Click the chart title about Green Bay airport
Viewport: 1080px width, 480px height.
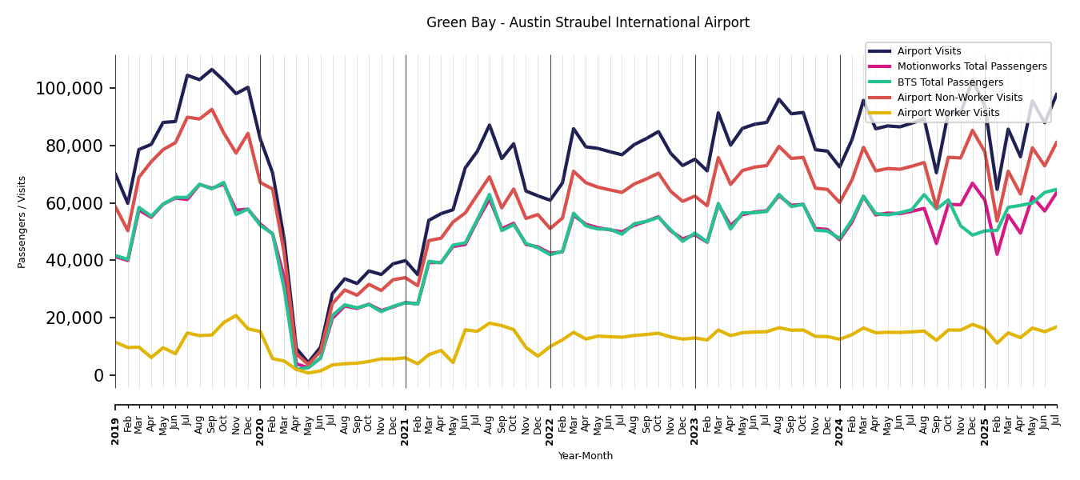[587, 23]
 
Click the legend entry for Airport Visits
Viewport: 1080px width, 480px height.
[929, 51]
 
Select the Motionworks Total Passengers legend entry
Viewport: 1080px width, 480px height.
[971, 66]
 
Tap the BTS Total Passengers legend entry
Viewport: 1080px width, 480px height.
[950, 82]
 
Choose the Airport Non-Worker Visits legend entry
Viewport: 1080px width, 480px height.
[959, 98]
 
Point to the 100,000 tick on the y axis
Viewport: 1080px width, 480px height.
[70, 88]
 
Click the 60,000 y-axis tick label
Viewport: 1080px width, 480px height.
[74, 203]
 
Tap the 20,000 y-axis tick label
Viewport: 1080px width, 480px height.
[74, 318]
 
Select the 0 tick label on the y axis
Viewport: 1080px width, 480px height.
[100, 375]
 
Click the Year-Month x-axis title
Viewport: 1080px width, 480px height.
[586, 456]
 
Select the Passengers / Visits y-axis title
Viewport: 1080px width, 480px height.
[22, 222]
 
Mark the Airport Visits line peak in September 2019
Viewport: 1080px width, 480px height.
[212, 70]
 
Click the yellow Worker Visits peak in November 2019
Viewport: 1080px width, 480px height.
[236, 315]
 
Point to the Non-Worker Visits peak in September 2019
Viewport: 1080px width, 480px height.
[212, 110]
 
